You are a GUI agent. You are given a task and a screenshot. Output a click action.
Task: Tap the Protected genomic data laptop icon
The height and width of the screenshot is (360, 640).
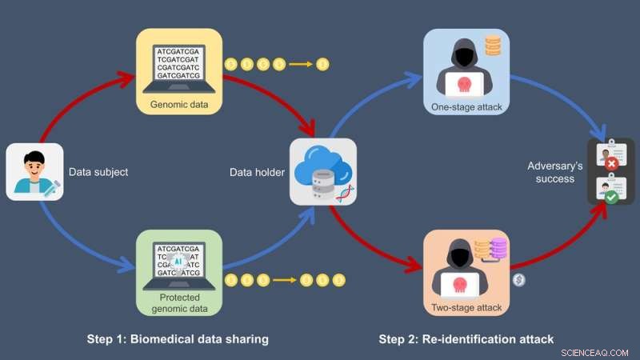pyautogui.click(x=178, y=268)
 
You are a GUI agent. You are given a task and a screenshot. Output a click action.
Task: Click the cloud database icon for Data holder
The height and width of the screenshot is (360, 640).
pyautogui.click(x=322, y=171)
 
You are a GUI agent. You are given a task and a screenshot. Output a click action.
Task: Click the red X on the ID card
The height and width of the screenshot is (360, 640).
pyautogui.click(x=612, y=163)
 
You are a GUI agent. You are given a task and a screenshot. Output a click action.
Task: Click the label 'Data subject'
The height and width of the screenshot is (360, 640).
pyautogui.click(x=98, y=172)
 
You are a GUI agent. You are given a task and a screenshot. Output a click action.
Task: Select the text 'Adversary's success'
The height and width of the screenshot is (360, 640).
pyautogui.click(x=551, y=172)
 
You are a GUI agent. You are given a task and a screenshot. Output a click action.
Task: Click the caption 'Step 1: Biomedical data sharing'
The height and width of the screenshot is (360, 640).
pyautogui.click(x=178, y=339)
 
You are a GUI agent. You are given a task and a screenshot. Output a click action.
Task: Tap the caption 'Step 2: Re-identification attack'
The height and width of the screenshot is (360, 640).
pyautogui.click(x=466, y=339)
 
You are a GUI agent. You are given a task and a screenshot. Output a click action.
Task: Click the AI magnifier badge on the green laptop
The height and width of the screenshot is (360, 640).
pyautogui.click(x=178, y=260)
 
